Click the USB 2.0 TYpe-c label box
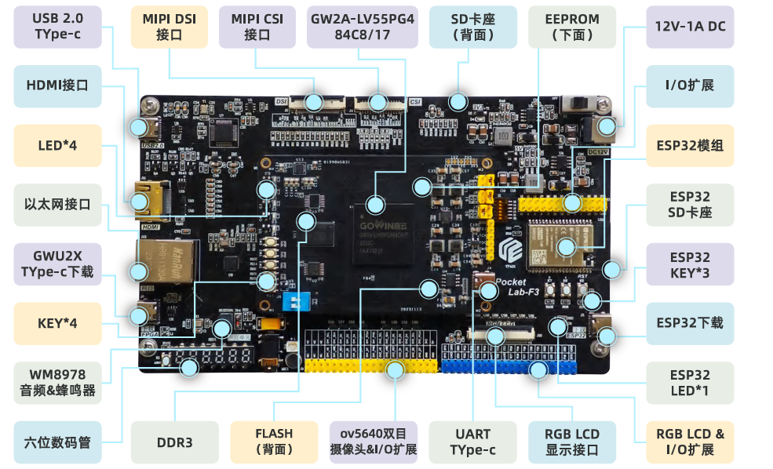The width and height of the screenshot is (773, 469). [x=57, y=27]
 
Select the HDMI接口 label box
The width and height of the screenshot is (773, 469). [x=57, y=85]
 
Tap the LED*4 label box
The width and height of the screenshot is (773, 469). [x=57, y=145]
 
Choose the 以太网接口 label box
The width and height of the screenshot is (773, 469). [x=57, y=205]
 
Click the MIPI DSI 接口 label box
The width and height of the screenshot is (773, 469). [x=169, y=27]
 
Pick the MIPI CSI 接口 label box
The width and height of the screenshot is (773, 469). [x=257, y=27]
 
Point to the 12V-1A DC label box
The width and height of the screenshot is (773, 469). [x=690, y=27]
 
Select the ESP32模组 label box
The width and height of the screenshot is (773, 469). [x=690, y=145]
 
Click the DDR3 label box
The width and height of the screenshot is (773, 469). [x=173, y=442]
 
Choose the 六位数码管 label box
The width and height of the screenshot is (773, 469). [x=57, y=442]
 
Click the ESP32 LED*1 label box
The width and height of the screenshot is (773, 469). [x=690, y=383]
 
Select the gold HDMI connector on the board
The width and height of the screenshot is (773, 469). [x=144, y=197]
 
